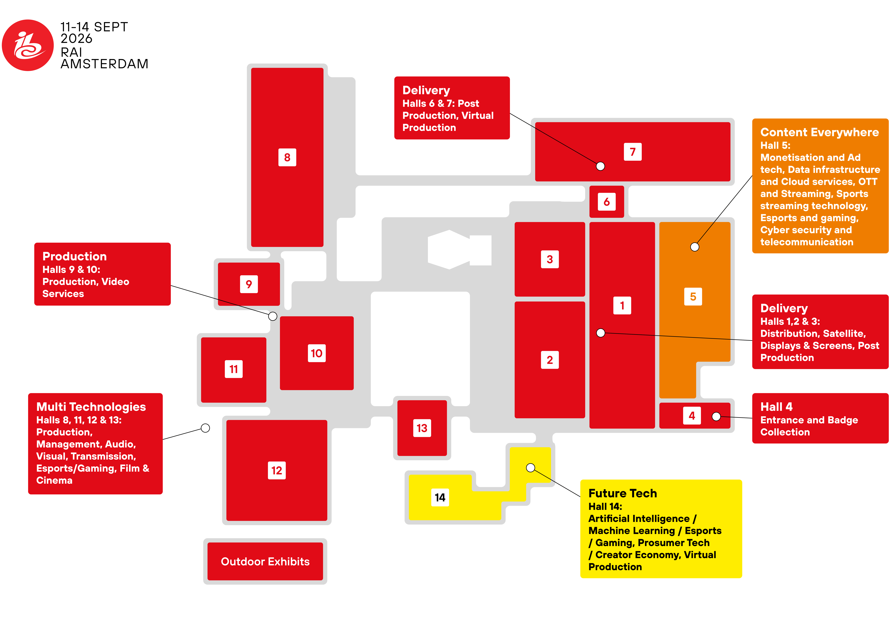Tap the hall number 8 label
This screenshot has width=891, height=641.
(287, 157)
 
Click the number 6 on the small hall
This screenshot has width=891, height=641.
(607, 202)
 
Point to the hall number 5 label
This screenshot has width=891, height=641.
(693, 297)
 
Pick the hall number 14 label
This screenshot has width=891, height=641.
(440, 498)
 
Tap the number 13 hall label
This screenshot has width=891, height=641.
(422, 428)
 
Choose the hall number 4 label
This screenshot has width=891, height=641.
(692, 416)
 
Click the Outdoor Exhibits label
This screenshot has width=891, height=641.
(265, 562)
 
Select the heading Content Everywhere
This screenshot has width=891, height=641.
(819, 132)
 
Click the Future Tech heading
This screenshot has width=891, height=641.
(623, 493)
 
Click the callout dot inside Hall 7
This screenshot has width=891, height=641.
(600, 166)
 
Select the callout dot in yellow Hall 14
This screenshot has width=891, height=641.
(530, 467)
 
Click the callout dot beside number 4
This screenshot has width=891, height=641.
(716, 416)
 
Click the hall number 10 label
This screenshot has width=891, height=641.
(317, 353)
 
